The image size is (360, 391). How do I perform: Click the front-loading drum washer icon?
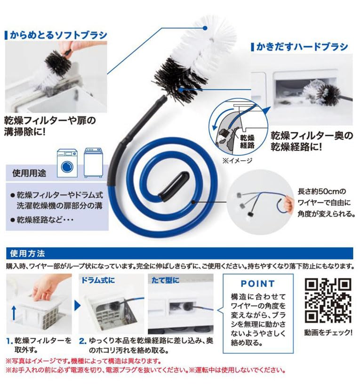[67, 163]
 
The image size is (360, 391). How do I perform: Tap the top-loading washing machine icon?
[93, 163]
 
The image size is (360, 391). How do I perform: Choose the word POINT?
[257, 284]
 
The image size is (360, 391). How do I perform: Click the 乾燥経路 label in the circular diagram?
[247, 141]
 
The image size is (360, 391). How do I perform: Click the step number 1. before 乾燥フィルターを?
[9, 340]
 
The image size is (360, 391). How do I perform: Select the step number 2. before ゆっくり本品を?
[82, 340]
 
